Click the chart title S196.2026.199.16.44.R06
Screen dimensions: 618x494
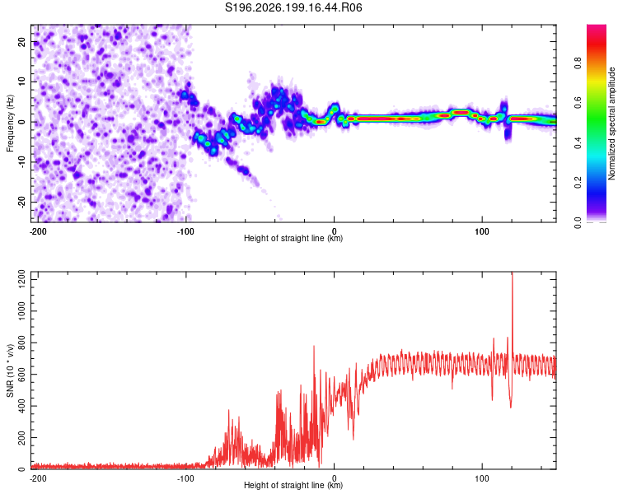[x=293, y=7]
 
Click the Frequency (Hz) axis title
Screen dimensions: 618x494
[x=10, y=123]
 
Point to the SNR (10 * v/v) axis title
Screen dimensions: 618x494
[x=10, y=370]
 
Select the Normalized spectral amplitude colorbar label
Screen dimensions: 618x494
[x=611, y=123]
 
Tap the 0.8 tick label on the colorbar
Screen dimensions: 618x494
[x=578, y=63]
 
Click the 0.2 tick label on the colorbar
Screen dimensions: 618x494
[x=578, y=183]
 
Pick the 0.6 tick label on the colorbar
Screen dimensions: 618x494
[x=578, y=103]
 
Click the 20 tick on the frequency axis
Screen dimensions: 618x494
[x=21, y=41]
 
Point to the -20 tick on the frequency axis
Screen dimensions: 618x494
[x=21, y=203]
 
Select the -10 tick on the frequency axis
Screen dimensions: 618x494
[x=21, y=162]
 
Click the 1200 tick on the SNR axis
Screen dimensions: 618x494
[x=21, y=279]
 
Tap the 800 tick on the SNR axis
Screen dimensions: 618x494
[x=21, y=343]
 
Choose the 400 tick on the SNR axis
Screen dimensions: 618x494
[x=21, y=406]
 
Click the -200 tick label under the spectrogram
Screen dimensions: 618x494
[x=38, y=231]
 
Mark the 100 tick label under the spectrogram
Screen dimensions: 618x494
[x=482, y=231]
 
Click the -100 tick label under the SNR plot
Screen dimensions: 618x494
[x=185, y=478]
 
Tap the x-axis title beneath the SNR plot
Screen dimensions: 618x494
[x=293, y=485]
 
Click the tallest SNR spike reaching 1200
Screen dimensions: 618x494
[x=512, y=276]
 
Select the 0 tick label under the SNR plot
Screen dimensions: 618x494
[x=335, y=478]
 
